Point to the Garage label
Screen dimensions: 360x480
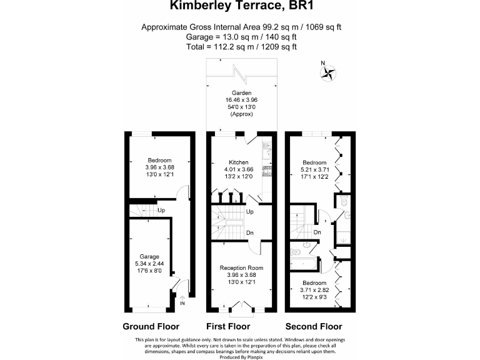point(149,256)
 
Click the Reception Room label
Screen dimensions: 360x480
point(241,267)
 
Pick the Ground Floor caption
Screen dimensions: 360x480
point(151,326)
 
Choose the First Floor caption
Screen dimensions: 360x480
point(228,326)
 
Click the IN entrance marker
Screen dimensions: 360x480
point(182,304)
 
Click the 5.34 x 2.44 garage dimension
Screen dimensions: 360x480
point(149,264)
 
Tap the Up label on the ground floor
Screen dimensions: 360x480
point(161,210)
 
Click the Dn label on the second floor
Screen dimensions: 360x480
point(317,232)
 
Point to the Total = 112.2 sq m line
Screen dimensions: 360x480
point(240,47)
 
